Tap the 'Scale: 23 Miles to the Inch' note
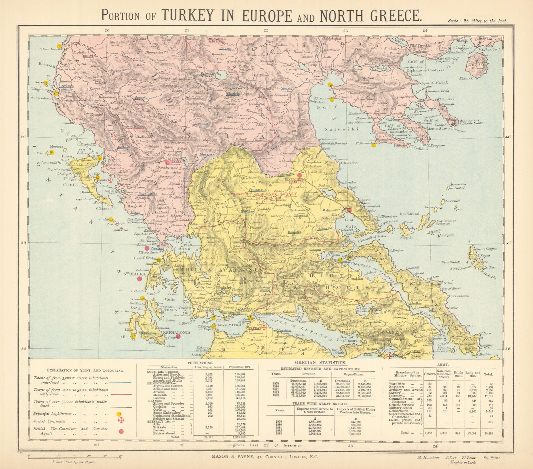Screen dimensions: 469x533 [x=478, y=21]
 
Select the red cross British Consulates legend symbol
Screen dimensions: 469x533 [x=120, y=421]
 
